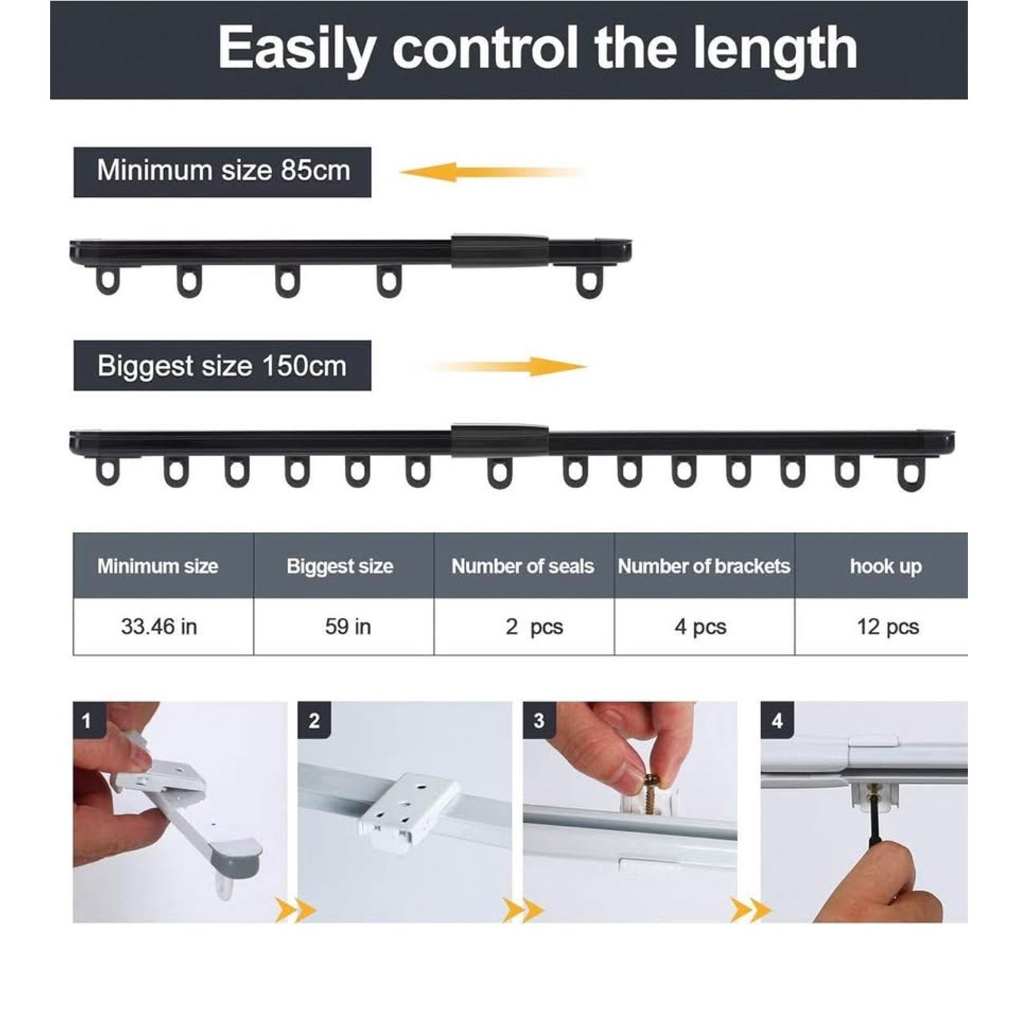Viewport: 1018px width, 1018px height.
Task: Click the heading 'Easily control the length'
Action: pos(538,48)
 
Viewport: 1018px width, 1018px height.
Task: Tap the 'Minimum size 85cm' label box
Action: pos(222,172)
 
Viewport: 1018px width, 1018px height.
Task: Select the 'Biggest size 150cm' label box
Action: pos(222,365)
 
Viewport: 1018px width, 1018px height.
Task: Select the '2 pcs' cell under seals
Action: pos(524,626)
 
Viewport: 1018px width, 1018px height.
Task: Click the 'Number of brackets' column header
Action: pos(704,566)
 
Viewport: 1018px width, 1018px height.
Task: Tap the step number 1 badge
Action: pos(87,720)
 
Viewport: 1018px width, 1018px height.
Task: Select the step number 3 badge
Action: pos(538,720)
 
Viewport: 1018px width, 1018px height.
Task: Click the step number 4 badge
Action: pos(776,720)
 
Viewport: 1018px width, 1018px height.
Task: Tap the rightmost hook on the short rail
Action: pos(589,281)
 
